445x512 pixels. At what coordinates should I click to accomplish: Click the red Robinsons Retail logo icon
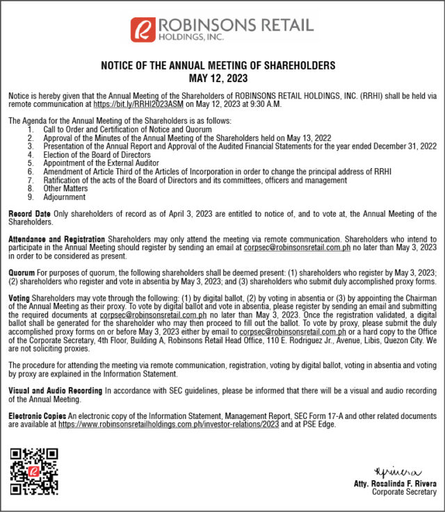(x=143, y=28)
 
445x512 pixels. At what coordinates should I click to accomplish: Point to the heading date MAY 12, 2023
(x=218, y=79)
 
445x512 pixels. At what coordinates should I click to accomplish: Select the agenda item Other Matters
(x=65, y=188)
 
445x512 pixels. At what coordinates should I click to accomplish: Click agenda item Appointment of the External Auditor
(x=102, y=163)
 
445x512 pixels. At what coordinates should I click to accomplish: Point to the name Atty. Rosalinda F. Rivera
(x=396, y=484)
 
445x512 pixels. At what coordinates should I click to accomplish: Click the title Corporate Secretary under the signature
(x=404, y=493)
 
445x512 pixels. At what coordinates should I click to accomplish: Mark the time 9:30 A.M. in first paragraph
(x=281, y=104)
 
